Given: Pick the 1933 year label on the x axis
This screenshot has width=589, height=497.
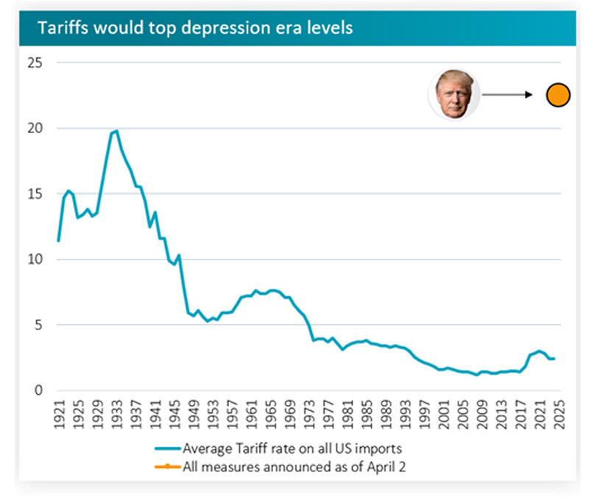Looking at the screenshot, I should tap(116, 416).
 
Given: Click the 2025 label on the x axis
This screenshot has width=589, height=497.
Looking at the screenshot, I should tap(557, 416).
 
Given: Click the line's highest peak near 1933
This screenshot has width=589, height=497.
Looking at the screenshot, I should tap(116, 131).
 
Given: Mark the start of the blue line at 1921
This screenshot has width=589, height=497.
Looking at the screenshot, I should tap(58, 240).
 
